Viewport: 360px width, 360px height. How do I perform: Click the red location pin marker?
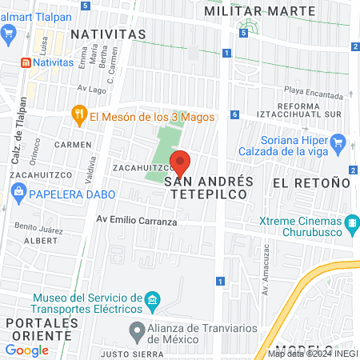tap(181, 163)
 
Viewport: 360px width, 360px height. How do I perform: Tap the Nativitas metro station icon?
tap(26, 61)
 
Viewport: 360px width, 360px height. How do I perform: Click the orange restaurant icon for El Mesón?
tap(78, 114)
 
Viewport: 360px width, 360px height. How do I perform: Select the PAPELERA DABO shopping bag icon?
tap(18, 192)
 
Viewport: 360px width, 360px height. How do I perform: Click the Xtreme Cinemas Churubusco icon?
tap(350, 222)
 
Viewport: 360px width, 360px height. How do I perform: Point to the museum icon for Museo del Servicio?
tap(153, 302)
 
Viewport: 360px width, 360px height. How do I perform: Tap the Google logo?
tap(26, 350)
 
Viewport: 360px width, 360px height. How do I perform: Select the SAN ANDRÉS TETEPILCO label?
tap(209, 188)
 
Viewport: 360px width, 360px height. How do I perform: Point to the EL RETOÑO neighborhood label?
tap(311, 182)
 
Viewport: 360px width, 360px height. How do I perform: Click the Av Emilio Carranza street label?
tap(136, 222)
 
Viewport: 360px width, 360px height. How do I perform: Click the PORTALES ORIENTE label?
tap(40, 329)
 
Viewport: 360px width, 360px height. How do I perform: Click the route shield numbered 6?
tap(235, 115)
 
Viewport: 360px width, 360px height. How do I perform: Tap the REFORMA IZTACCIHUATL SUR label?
tap(308, 110)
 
